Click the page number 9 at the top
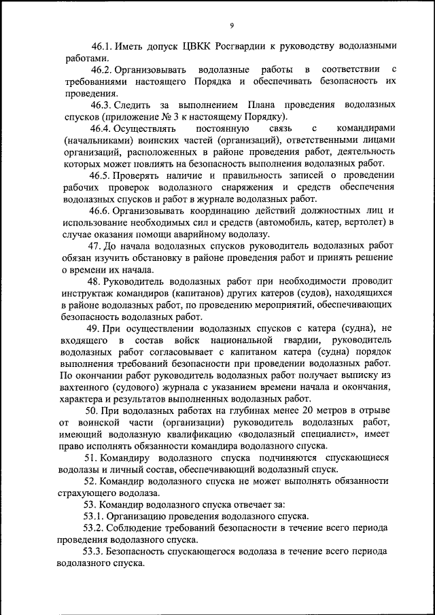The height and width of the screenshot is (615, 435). [231, 26]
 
